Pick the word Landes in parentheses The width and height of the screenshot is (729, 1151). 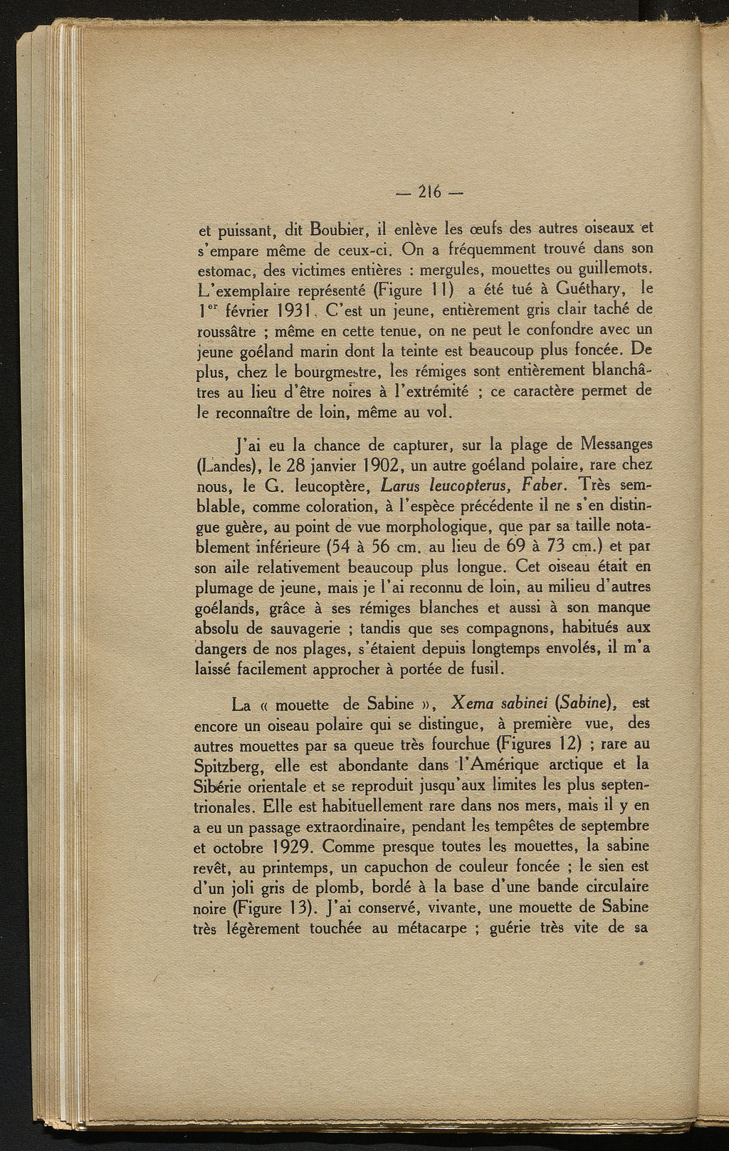coord(227,466)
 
